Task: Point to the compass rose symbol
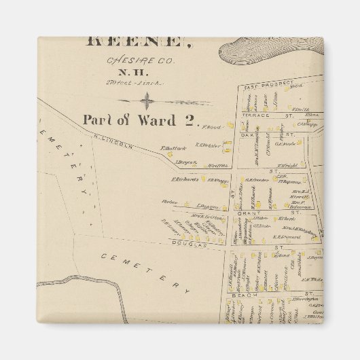point(146,103)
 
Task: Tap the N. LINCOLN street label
point(110,145)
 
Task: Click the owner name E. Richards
point(183,180)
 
